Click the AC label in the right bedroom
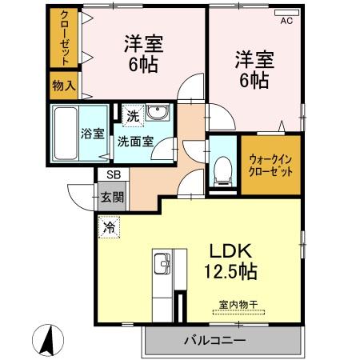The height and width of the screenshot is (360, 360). [286, 22]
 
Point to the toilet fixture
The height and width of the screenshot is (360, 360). [222, 169]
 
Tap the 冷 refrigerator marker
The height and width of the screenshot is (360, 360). [108, 226]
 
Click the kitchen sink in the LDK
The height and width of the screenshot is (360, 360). [162, 262]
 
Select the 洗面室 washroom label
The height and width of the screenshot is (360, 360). [136, 142]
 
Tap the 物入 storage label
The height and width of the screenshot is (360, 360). [63, 85]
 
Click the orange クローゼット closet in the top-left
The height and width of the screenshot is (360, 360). [63, 38]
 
